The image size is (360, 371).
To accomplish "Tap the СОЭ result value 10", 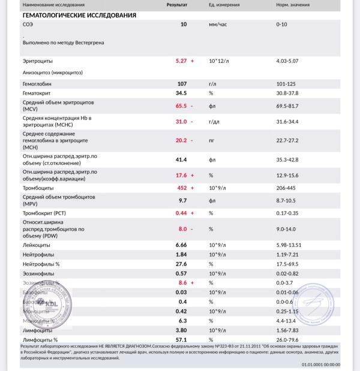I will click(184, 25).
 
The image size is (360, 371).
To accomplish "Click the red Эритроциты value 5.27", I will click(181, 61).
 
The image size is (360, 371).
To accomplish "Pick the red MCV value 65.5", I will click(181, 106).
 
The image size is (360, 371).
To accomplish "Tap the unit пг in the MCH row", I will click(212, 140).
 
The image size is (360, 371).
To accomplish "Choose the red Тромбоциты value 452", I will click(181, 188).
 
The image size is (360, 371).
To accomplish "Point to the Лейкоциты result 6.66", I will click(181, 245).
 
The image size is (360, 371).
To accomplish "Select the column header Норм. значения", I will click(292, 4).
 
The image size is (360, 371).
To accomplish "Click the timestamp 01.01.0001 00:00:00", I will click(320, 364).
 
